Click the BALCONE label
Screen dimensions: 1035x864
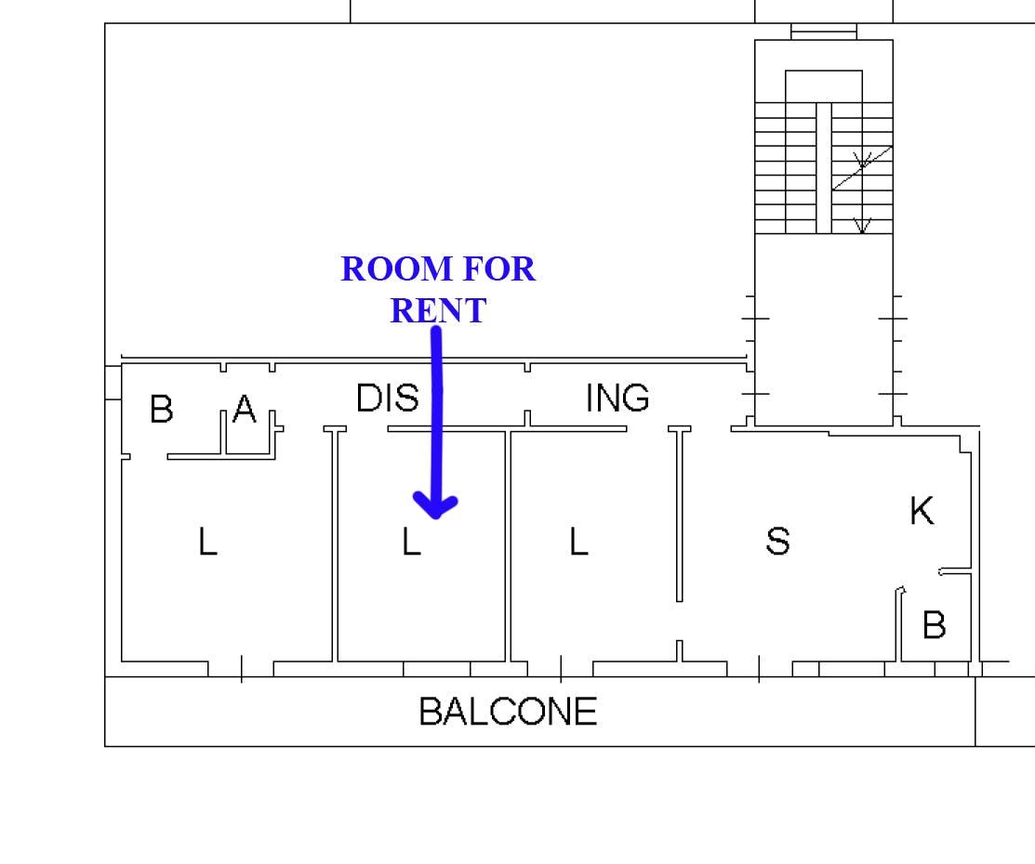[x=508, y=712]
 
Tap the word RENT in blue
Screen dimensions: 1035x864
[x=438, y=310]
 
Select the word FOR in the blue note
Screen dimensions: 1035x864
[x=499, y=269]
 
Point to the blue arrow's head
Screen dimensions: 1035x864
[x=435, y=504]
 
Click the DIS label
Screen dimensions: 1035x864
[x=388, y=398]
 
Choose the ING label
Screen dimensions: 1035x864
[x=617, y=398]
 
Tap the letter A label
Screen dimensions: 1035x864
[x=245, y=408]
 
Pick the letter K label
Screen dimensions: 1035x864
[x=922, y=510]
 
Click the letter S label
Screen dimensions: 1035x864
[x=777, y=541]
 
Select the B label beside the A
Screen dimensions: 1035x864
[x=162, y=409]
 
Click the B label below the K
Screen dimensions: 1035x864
[x=934, y=624]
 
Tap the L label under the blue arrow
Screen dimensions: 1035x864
[x=411, y=542]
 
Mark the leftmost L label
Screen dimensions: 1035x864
[x=208, y=542]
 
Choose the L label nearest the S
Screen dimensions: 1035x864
[x=579, y=542]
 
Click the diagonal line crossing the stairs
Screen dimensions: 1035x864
[x=862, y=168]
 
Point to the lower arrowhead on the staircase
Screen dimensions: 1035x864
[x=862, y=226]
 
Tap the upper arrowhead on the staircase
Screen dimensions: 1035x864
[x=862, y=161]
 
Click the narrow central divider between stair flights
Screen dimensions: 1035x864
[x=824, y=167]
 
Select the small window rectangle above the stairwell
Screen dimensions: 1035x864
[x=824, y=31]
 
